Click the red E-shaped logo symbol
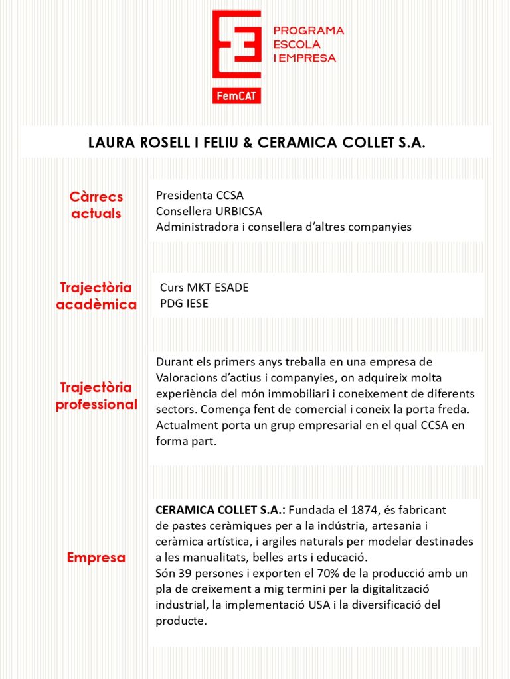[x=236, y=45]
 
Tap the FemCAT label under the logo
[x=236, y=97]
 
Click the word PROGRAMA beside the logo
[x=309, y=31]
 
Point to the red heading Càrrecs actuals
[x=96, y=206]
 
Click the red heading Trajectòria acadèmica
[x=96, y=296]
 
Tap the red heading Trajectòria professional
[x=96, y=396]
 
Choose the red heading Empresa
[x=96, y=558]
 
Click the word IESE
[x=193, y=304]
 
